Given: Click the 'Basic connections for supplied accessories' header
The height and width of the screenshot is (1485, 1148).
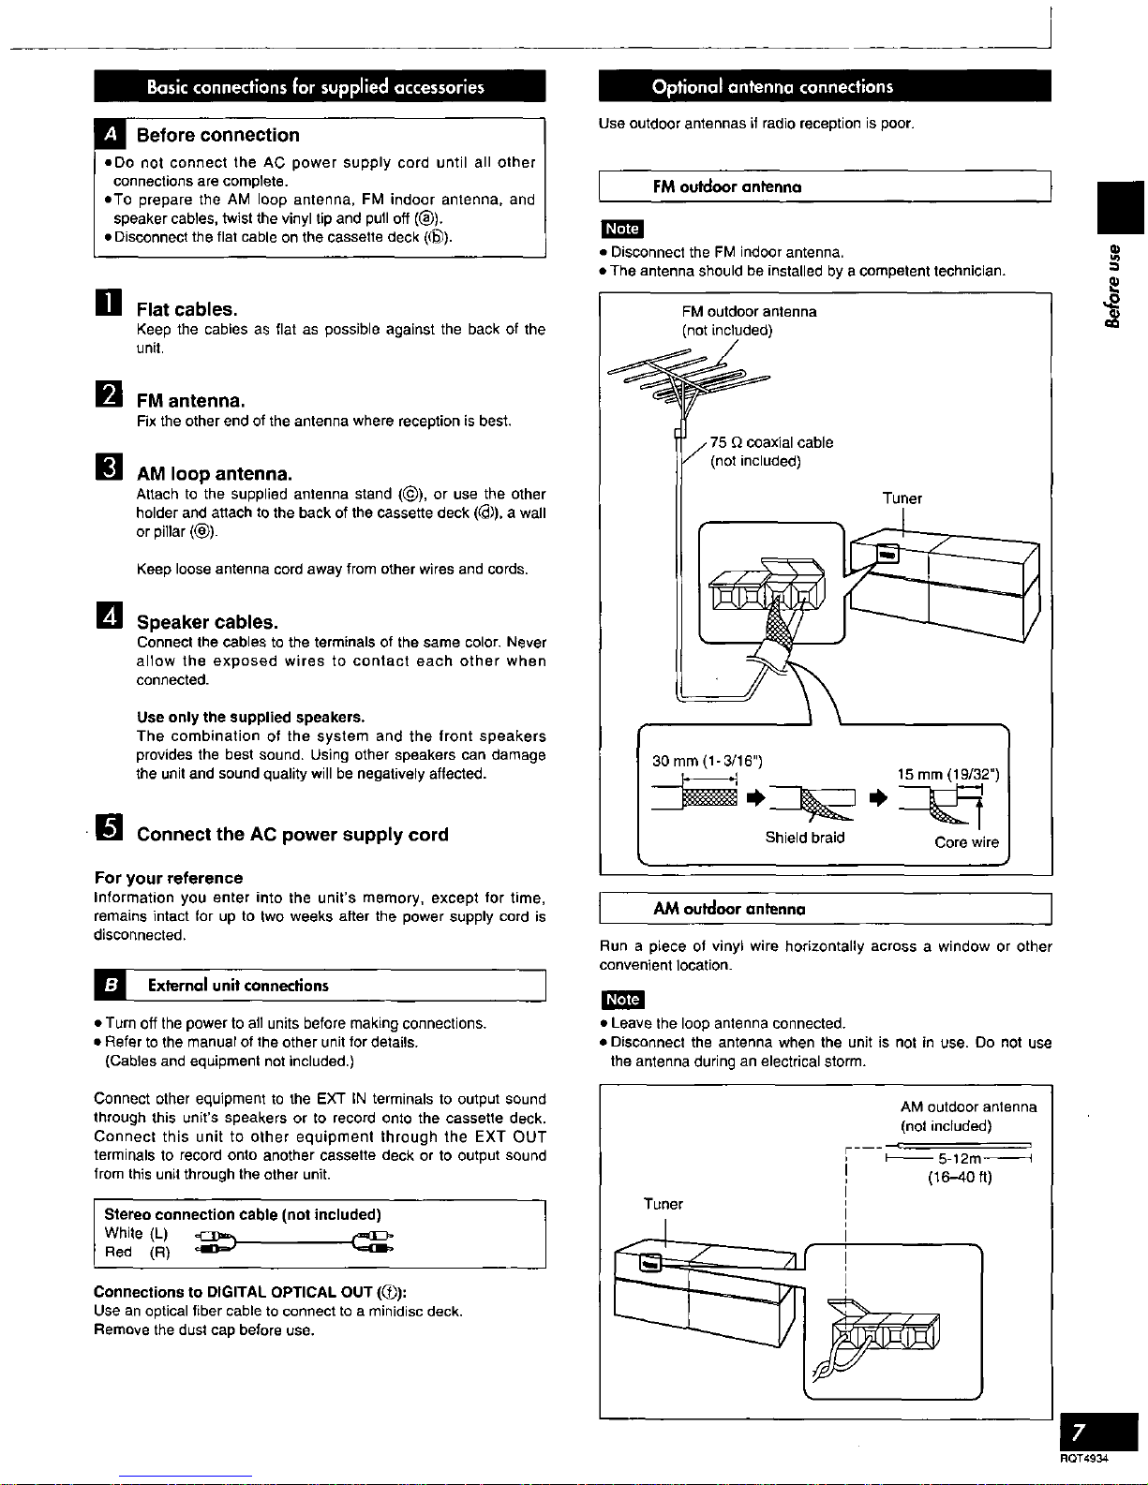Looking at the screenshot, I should click(318, 87).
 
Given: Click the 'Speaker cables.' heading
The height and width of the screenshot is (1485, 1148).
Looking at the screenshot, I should click(207, 622).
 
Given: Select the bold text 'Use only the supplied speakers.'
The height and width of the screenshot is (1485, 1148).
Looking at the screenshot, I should click(250, 718).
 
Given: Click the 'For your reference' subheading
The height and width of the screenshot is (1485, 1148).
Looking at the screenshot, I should click(169, 878).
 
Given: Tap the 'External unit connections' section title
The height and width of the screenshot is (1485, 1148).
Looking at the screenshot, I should click(238, 986).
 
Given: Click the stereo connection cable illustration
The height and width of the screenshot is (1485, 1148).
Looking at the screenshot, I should click(295, 1241).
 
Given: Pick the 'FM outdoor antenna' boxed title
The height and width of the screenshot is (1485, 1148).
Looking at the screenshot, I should click(727, 186).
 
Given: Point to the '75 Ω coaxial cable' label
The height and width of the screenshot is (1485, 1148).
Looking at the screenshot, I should click(770, 442).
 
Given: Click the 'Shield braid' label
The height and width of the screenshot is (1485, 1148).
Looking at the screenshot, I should click(804, 838).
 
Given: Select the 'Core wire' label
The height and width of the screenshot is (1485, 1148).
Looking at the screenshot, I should click(966, 842).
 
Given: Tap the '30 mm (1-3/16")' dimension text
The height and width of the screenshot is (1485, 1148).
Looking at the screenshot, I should click(708, 761).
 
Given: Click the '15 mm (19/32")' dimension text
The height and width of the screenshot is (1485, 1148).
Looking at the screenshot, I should click(947, 774).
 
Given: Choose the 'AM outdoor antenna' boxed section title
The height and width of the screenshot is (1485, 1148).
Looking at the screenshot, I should click(729, 909).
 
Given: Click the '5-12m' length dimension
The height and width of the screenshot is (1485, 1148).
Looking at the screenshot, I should click(959, 1159).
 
